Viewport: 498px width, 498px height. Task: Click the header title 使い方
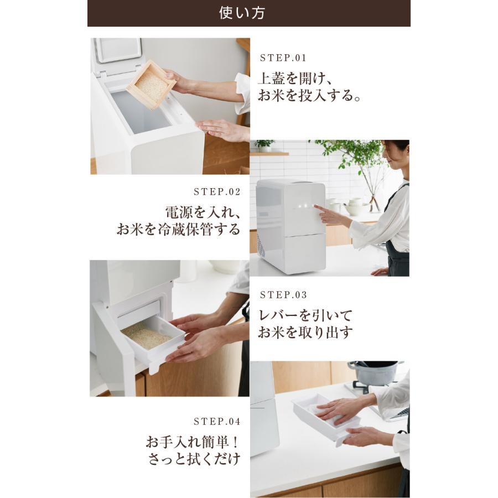(242, 13)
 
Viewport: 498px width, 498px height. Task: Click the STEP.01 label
(283, 58)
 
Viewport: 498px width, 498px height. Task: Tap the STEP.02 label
(217, 192)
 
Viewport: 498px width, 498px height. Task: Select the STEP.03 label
(283, 295)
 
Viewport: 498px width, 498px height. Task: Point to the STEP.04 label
(217, 422)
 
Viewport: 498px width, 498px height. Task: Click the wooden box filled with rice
(151, 85)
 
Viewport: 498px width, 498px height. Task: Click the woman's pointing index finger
(320, 209)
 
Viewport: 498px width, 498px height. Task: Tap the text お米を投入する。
(309, 95)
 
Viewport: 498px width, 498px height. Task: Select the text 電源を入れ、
(203, 212)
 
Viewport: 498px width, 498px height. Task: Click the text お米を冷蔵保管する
(179, 229)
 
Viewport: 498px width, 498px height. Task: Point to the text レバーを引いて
(305, 315)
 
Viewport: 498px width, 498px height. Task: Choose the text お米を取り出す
(305, 333)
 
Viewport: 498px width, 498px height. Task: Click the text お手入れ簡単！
(193, 442)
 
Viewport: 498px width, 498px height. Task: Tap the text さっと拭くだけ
(194, 459)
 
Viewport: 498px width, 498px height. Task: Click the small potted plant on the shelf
(264, 146)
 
